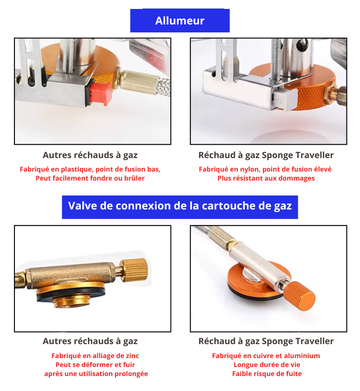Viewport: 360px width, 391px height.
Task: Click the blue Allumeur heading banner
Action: (x=180, y=21)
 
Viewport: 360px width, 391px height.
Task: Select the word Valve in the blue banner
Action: (x=82, y=206)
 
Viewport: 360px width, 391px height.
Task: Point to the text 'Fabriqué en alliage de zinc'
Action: (x=95, y=356)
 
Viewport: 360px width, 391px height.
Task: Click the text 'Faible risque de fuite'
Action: (x=266, y=374)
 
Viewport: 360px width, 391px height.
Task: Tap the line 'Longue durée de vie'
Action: (x=266, y=365)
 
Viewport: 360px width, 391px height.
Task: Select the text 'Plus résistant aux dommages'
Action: (x=266, y=178)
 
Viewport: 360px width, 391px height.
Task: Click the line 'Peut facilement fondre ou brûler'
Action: (x=90, y=178)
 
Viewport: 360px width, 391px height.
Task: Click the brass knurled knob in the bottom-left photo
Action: (x=135, y=270)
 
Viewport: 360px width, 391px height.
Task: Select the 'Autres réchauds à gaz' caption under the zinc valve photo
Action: (x=90, y=341)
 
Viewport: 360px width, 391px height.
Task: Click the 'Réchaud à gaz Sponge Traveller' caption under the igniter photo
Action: (x=266, y=155)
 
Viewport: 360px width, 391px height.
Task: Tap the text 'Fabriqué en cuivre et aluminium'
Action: (x=266, y=356)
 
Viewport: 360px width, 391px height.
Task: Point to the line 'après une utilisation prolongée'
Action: (x=96, y=374)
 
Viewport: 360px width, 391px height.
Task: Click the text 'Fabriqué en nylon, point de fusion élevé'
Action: (x=265, y=169)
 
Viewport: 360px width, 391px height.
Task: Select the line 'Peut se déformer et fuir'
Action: (x=95, y=365)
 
